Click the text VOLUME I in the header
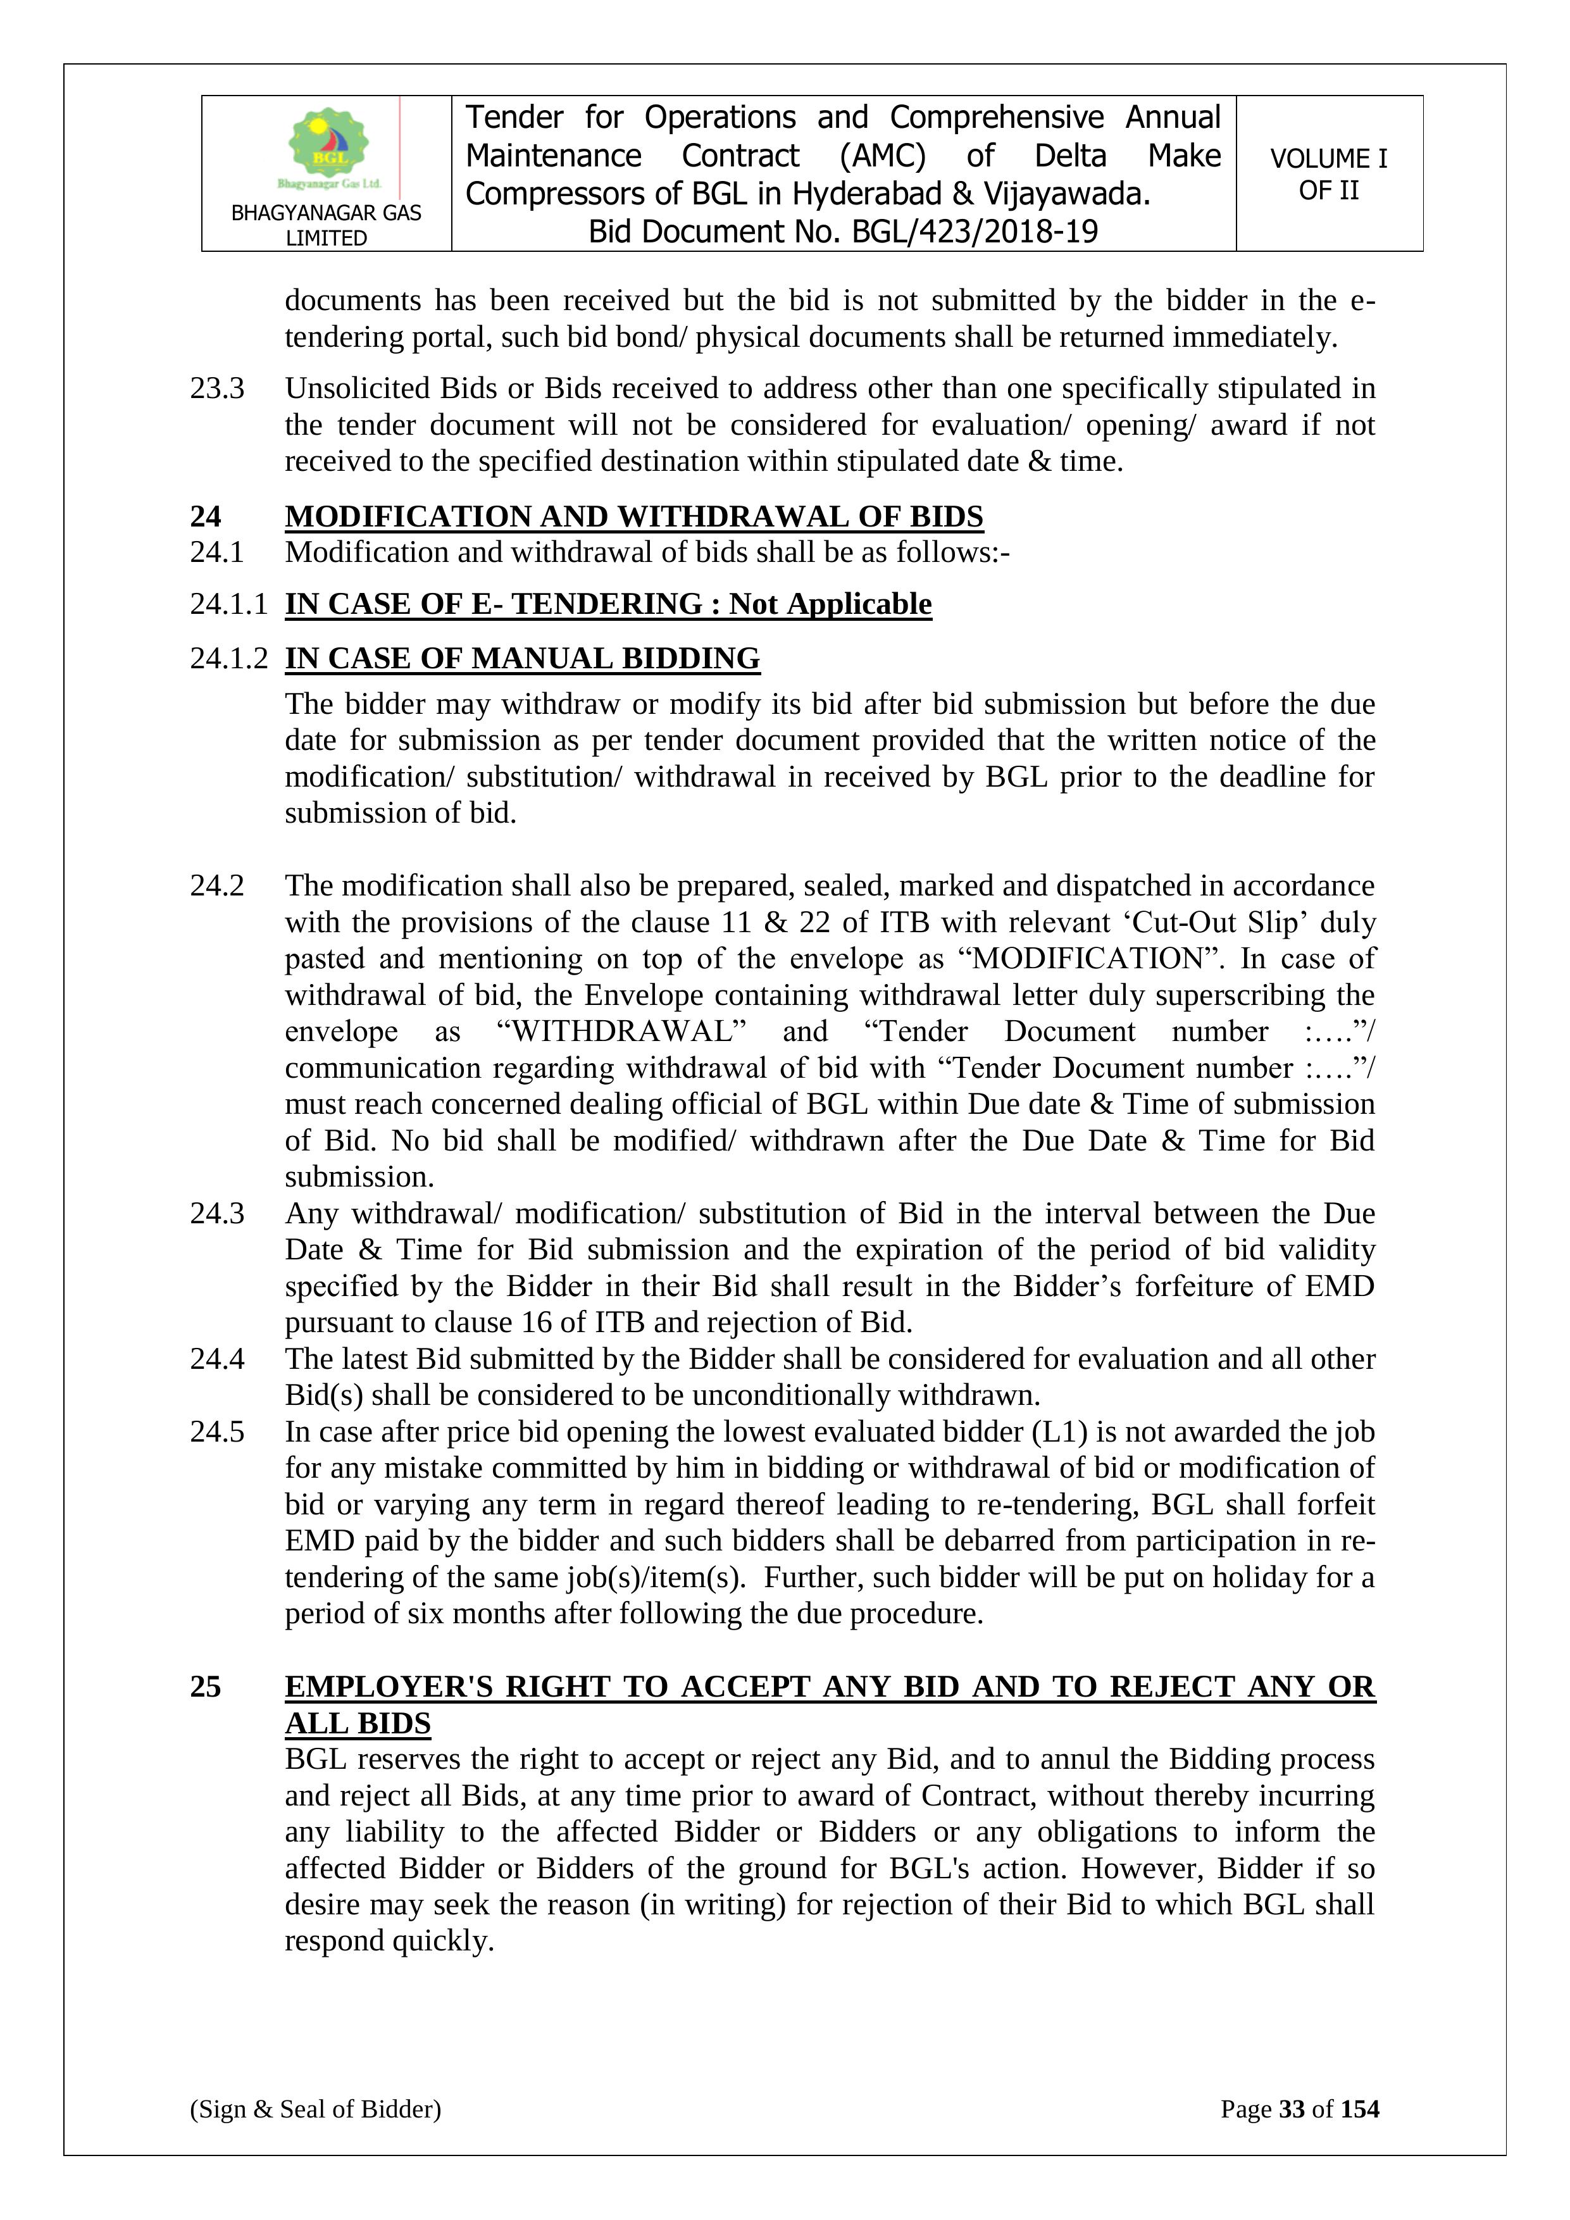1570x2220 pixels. (1328, 159)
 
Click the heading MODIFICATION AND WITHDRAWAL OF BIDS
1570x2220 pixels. (633, 516)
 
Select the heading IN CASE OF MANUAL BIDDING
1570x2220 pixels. (522, 658)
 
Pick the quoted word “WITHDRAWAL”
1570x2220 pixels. (621, 1032)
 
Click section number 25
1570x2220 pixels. (205, 1687)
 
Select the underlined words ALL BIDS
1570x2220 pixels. (358, 1723)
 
